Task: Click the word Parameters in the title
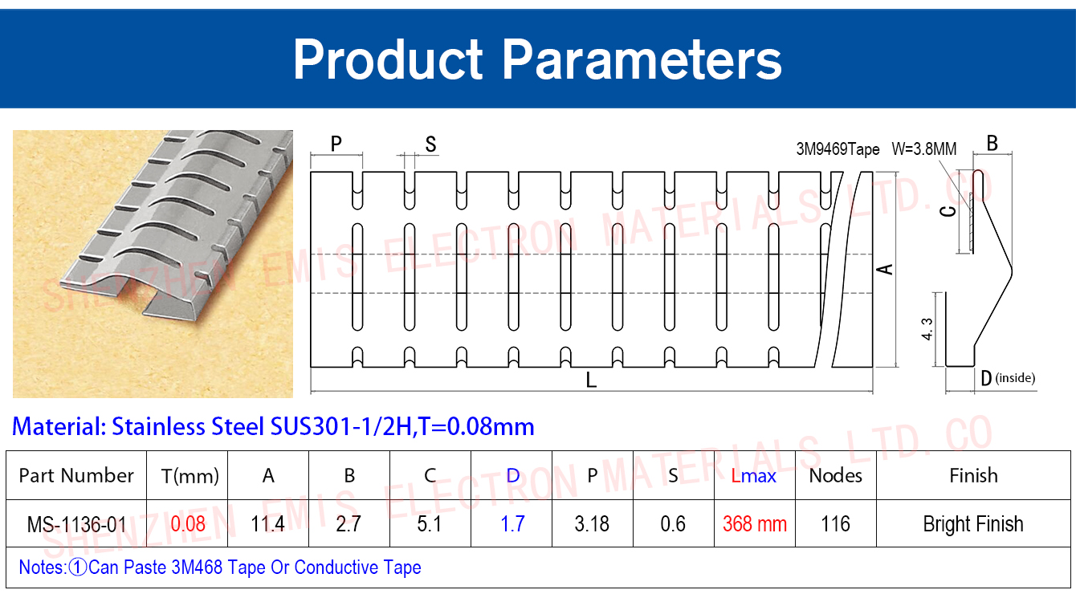pyautogui.click(x=642, y=60)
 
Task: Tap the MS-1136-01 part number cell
pyautogui.click(x=76, y=524)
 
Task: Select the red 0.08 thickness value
pyautogui.click(x=188, y=524)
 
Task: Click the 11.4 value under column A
pyautogui.click(x=267, y=524)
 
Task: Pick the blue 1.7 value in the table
pyautogui.click(x=512, y=524)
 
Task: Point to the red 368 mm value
pyautogui.click(x=755, y=524)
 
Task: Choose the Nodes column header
pyautogui.click(x=835, y=475)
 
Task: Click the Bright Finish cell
pyautogui.click(x=973, y=524)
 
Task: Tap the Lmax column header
pyautogui.click(x=754, y=476)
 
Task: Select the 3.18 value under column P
pyautogui.click(x=592, y=524)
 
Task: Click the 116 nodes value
pyautogui.click(x=835, y=524)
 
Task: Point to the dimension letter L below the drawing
pyautogui.click(x=591, y=380)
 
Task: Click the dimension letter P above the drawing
pyautogui.click(x=336, y=144)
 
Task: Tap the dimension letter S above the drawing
pyautogui.click(x=431, y=144)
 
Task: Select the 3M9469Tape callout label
pyautogui.click(x=838, y=149)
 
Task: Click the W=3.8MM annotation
pyautogui.click(x=924, y=149)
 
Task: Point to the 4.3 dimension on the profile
pyautogui.click(x=927, y=329)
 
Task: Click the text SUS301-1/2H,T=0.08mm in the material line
pyautogui.click(x=402, y=426)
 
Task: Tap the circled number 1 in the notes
pyautogui.click(x=78, y=568)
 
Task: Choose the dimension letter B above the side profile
pyautogui.click(x=992, y=143)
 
